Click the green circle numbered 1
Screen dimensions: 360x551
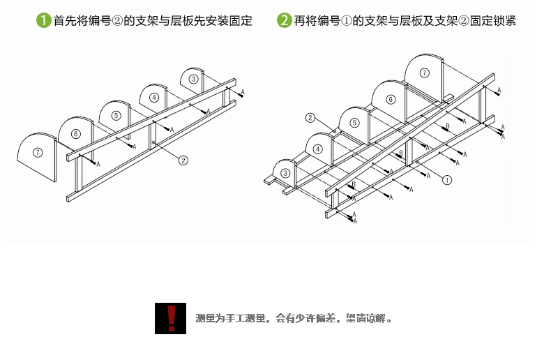point(44,21)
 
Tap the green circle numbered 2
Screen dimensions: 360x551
point(284,21)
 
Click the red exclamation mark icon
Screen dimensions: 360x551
point(171,317)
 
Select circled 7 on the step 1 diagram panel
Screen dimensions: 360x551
point(38,151)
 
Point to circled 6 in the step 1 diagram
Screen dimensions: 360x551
point(75,133)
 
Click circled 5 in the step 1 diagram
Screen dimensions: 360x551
point(116,116)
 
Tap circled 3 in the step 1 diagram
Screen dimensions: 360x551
point(193,80)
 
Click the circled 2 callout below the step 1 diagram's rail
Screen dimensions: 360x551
point(183,160)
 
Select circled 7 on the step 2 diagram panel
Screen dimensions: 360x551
point(425,73)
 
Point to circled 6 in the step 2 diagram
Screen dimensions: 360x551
point(391,100)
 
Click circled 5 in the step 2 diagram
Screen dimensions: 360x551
point(354,123)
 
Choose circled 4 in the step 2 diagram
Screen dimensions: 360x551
point(317,149)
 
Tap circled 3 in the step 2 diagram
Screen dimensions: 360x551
point(285,173)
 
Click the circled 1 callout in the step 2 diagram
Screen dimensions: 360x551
point(447,179)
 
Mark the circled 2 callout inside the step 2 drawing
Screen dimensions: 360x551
point(311,118)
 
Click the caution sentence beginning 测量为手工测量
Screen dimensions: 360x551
point(294,319)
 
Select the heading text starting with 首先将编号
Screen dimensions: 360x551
point(153,21)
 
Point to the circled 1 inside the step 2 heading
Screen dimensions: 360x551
point(347,21)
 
